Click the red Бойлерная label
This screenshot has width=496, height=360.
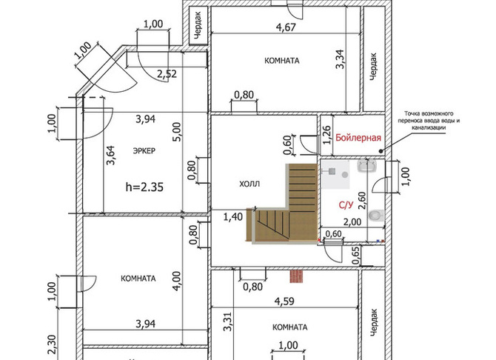pyautogui.click(x=358, y=138)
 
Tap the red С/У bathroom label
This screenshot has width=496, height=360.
pyautogui.click(x=346, y=205)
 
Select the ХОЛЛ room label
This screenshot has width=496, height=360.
pyautogui.click(x=249, y=184)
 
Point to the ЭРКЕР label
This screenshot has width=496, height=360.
pyautogui.click(x=144, y=150)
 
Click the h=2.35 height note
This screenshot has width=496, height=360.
pyautogui.click(x=144, y=187)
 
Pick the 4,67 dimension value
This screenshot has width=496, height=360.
pyautogui.click(x=286, y=27)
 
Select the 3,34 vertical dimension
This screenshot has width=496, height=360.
pyautogui.click(x=341, y=59)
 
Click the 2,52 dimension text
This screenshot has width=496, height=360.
pyautogui.click(x=167, y=74)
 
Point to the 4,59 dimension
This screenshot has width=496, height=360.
pyautogui.click(x=284, y=301)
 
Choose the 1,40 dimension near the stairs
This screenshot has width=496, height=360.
pyautogui.click(x=233, y=217)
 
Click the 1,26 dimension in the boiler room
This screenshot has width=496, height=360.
pyautogui.click(x=326, y=136)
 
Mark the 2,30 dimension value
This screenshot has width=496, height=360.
pyautogui.click(x=52, y=345)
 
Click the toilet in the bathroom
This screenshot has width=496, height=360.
pyautogui.click(x=376, y=216)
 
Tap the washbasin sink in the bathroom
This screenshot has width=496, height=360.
pyautogui.click(x=367, y=166)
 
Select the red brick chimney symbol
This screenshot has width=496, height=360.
pyautogui.click(x=296, y=276)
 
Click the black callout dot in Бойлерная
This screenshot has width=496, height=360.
pyautogui.click(x=381, y=151)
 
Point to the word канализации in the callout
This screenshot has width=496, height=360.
pyautogui.click(x=429, y=127)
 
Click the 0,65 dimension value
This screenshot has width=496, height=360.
pyautogui.click(x=356, y=256)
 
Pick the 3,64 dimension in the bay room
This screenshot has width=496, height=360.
pyautogui.click(x=111, y=155)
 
